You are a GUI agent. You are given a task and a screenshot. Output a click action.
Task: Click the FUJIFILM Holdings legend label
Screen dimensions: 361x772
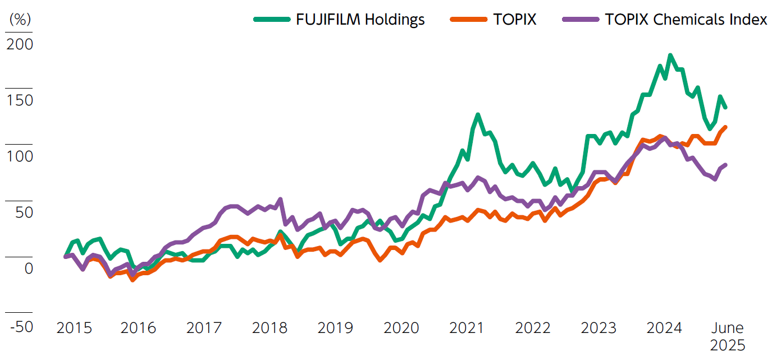coord(360,20)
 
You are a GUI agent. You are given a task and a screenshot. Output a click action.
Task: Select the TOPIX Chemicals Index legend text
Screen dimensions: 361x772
coord(686,20)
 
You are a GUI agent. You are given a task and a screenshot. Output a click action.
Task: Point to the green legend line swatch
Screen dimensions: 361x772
coord(272,20)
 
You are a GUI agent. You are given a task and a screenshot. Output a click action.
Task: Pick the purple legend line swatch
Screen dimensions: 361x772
coord(581,20)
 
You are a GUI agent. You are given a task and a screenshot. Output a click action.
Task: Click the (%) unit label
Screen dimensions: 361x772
coord(20,19)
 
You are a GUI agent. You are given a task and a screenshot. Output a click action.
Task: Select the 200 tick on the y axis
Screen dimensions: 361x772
coord(20,44)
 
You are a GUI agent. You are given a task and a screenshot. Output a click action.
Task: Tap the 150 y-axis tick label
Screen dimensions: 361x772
coord(20,100)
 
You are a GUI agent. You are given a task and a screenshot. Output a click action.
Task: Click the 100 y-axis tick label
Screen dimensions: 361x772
coord(20,156)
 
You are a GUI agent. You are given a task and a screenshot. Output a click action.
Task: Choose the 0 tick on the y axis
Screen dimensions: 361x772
coord(28,269)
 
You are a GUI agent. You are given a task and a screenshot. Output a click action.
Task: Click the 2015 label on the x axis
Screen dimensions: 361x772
coord(74,328)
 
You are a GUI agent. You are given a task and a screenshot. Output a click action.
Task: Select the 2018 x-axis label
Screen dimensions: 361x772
coord(269,328)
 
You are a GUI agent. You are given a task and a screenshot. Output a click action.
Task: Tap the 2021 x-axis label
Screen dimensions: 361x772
coord(467,328)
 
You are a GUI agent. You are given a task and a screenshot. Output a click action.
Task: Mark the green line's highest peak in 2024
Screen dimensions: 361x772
coord(670,55)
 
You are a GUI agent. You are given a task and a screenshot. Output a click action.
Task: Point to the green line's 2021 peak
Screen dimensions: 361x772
coord(478,115)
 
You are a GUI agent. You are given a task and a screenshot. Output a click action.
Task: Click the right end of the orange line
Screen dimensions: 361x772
coord(725,127)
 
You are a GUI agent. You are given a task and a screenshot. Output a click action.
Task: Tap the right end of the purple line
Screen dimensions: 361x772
coord(725,165)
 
